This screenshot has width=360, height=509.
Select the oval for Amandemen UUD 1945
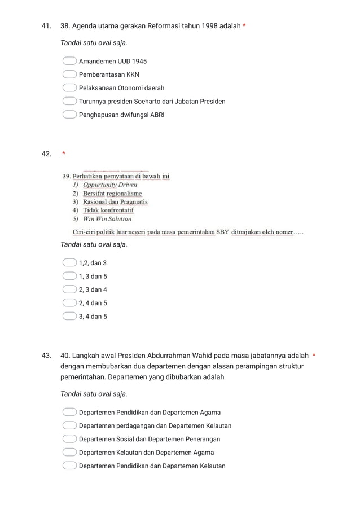point(69,61)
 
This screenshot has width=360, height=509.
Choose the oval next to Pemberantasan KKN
point(69,74)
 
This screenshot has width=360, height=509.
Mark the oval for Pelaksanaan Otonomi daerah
point(69,88)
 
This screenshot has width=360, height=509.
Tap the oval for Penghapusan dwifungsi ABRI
point(69,115)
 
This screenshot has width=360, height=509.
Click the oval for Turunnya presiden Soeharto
point(69,102)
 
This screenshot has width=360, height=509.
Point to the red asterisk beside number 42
point(64,153)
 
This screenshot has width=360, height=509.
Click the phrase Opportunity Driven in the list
point(109,185)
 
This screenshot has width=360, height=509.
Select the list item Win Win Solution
point(107,219)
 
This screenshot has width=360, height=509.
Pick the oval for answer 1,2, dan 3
point(69,263)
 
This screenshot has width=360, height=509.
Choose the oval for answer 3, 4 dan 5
point(69,317)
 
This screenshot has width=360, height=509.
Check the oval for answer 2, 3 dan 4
point(69,289)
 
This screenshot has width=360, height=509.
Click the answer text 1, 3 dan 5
point(93,277)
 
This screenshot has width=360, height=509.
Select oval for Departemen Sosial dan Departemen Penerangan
point(69,439)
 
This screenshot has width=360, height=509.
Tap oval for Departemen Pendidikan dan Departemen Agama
point(69,413)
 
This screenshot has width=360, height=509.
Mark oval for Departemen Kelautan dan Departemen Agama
point(69,453)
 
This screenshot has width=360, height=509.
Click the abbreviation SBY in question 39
point(222,234)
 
